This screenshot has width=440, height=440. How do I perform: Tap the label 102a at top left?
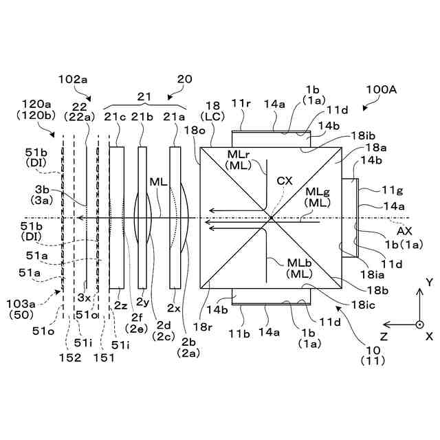tap(74, 80)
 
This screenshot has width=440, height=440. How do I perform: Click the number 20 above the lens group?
tap(186, 80)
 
